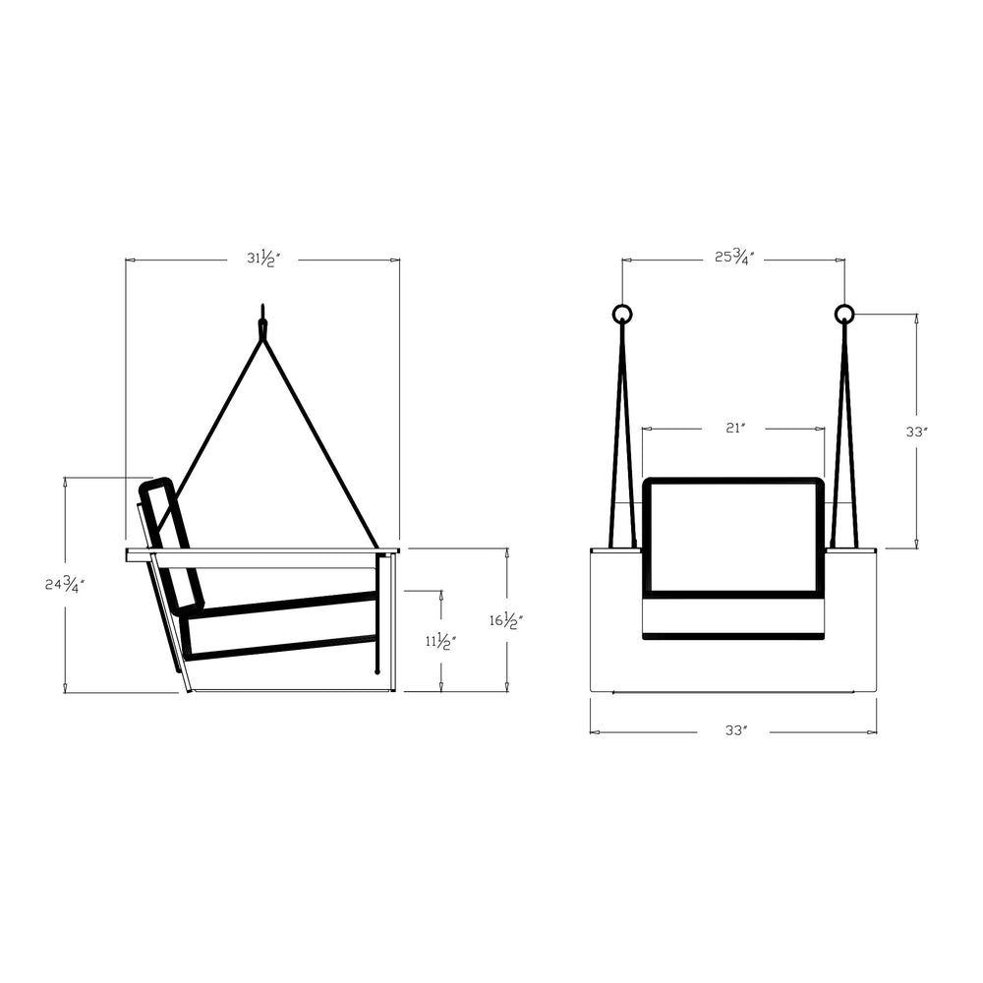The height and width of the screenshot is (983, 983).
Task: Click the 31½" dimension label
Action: (x=262, y=258)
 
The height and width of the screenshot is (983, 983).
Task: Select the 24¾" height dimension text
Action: (x=65, y=584)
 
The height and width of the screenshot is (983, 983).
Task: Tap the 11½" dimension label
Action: (x=441, y=641)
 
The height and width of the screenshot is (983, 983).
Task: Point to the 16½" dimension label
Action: (x=506, y=620)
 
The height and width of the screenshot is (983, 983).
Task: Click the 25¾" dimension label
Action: (x=734, y=257)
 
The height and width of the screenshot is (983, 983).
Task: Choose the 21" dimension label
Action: (x=734, y=429)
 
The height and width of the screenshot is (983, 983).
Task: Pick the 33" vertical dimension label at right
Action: (x=916, y=432)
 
